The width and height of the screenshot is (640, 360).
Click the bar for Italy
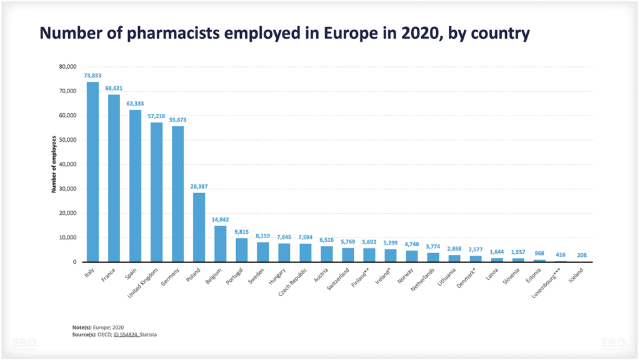tap(92, 172)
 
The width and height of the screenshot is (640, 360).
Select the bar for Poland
tap(199, 227)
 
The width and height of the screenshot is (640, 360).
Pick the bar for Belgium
tap(220, 244)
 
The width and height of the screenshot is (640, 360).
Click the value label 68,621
tap(114, 89)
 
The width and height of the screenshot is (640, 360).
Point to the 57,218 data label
tap(156, 116)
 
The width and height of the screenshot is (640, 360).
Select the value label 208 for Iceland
tap(581, 255)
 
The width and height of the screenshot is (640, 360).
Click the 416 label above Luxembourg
tap(560, 255)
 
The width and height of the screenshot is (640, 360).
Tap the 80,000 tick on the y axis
tap(67, 66)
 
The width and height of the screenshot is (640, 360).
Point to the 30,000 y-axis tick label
tap(67, 189)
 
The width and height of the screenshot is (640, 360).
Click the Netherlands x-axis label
tap(423, 279)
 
